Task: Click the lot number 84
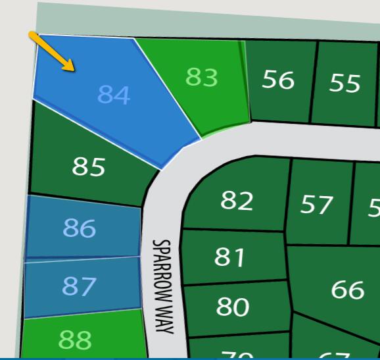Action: [x=114, y=95]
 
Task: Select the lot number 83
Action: [x=201, y=78]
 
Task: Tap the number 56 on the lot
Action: [x=277, y=80]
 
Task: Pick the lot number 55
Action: [x=345, y=84]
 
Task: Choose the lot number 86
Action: [x=80, y=228]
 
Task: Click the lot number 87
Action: [x=79, y=286]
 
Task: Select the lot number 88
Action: [x=75, y=340]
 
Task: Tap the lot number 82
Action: [x=237, y=200]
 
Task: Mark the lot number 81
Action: [x=229, y=257]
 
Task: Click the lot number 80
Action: [x=233, y=307]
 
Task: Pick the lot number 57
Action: [x=317, y=205]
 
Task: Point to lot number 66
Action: [x=348, y=289]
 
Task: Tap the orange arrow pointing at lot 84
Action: [x=51, y=50]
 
